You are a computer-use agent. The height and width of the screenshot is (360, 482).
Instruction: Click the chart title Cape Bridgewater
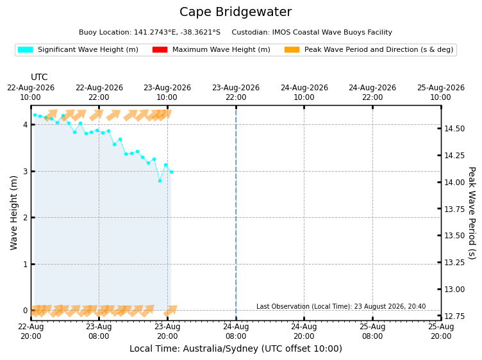coord(235,12)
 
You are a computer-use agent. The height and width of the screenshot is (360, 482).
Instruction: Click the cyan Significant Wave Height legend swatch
coord(25,49)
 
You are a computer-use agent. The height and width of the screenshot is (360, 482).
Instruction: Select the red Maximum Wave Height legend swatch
coord(160,49)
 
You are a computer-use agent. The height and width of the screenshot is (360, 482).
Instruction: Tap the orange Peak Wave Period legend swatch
coord(292,49)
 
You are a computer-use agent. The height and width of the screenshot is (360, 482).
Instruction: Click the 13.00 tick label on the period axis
coord(454,290)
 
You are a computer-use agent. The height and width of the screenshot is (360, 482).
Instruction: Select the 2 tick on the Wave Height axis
coord(25,218)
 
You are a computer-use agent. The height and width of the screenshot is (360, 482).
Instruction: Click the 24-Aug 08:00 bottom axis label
coord(236,331)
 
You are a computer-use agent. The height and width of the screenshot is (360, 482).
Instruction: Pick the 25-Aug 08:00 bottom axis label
coord(372,331)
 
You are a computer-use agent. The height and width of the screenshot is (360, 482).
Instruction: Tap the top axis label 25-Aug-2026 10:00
coord(440,92)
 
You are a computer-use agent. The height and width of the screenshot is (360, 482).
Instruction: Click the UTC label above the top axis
coord(39,77)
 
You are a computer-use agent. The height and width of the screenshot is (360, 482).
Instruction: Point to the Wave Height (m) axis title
coord(13,213)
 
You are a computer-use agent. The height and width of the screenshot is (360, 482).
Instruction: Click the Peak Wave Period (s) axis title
coord(472,213)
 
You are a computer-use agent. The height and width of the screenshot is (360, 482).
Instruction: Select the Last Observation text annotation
coord(341,306)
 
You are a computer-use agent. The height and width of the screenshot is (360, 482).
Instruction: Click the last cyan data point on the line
coord(171,172)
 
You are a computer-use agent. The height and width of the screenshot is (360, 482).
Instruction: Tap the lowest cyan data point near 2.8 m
coord(160,181)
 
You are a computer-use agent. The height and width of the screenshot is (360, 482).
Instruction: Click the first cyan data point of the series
coord(35,115)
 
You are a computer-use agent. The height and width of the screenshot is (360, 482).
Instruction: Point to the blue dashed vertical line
coord(236,213)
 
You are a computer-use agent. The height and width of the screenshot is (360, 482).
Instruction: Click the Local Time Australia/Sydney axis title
coord(235,348)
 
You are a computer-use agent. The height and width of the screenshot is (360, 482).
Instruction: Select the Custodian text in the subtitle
coord(312,32)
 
